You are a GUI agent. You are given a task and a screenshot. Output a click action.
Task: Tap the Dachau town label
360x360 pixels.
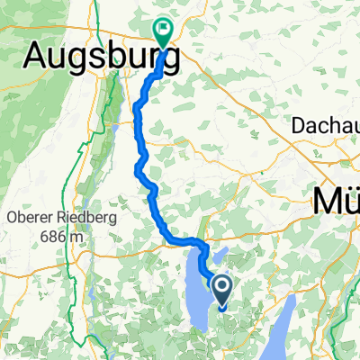pos(326,128)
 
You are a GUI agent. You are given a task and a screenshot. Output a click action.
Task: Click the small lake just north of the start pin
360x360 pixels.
pos(221,256)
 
